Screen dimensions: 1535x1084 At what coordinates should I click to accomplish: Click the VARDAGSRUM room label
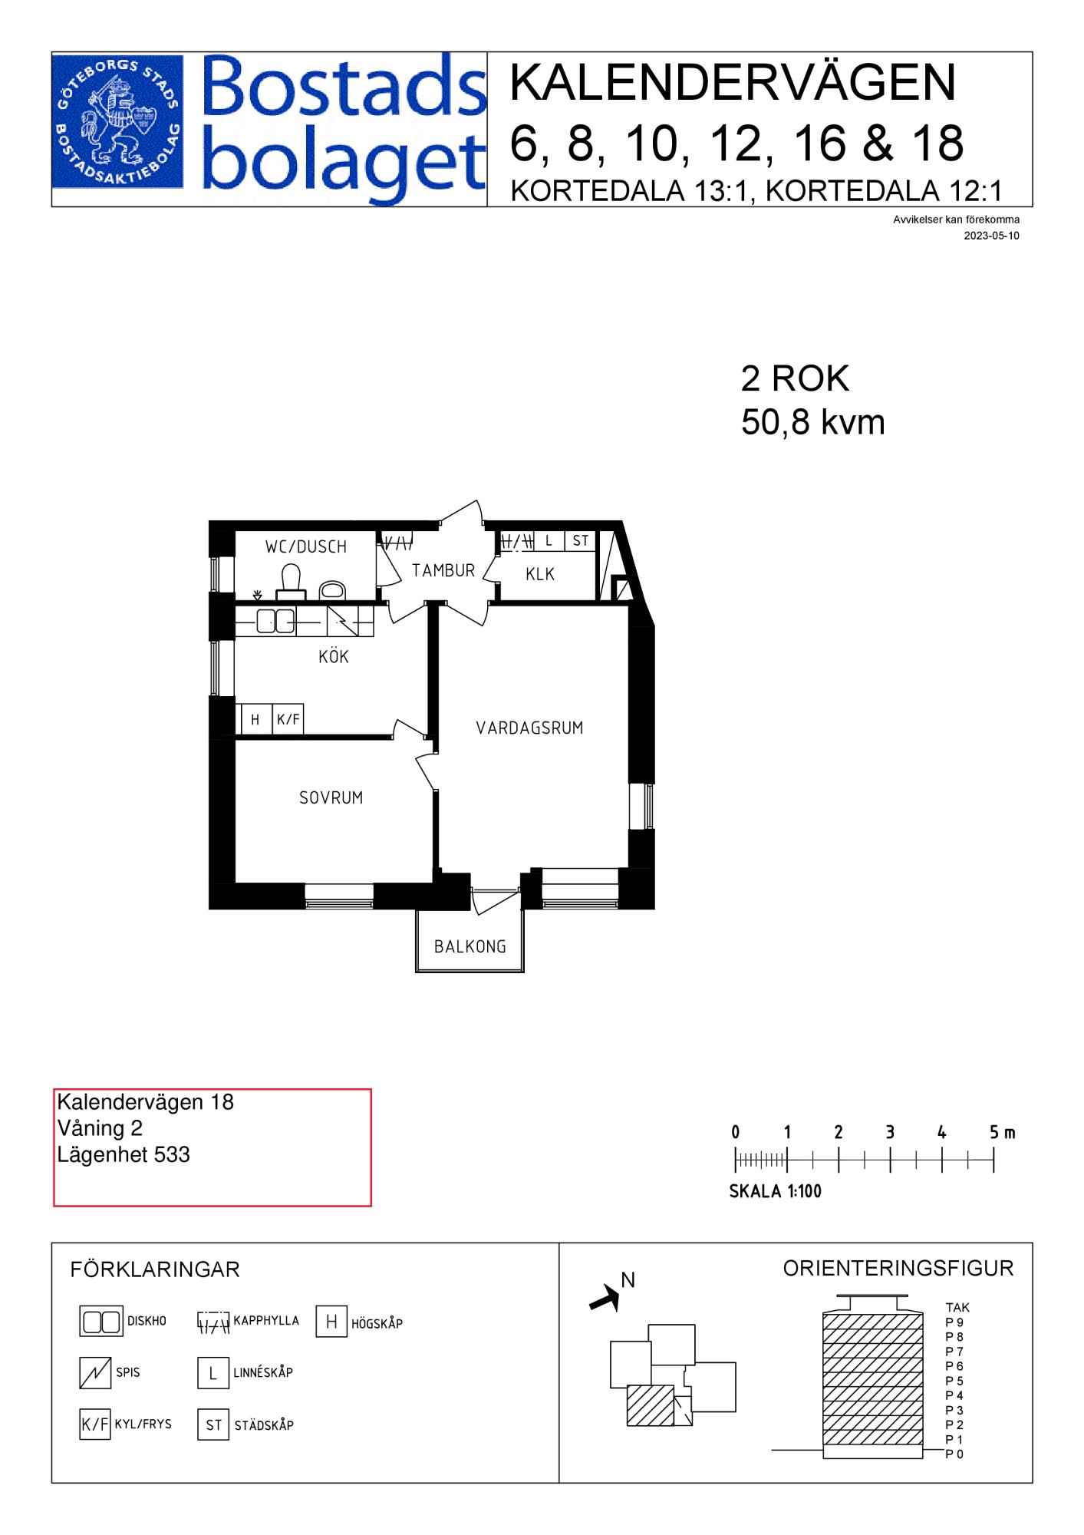(529, 728)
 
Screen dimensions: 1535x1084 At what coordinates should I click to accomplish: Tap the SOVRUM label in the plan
(331, 797)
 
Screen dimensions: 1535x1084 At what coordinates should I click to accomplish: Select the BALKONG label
(470, 946)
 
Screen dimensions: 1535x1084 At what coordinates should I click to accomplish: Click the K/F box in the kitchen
(288, 720)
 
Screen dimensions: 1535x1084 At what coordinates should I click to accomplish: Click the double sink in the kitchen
(275, 620)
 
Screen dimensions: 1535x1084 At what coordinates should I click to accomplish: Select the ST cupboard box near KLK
(580, 540)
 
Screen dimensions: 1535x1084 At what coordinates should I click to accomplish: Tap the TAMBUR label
(443, 570)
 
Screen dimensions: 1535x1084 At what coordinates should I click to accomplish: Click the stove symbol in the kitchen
(343, 620)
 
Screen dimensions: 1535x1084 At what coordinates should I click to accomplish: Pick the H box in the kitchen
(255, 720)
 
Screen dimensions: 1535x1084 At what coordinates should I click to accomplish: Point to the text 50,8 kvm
(812, 422)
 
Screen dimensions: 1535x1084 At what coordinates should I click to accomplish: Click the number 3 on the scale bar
(889, 1132)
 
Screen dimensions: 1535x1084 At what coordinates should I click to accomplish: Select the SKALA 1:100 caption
(775, 1191)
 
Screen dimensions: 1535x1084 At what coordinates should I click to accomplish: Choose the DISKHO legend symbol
(101, 1322)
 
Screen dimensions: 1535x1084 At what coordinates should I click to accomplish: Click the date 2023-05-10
(991, 236)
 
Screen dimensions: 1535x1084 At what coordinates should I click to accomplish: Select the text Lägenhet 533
(124, 1154)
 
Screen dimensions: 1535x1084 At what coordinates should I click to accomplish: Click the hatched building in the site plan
(651, 1405)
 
